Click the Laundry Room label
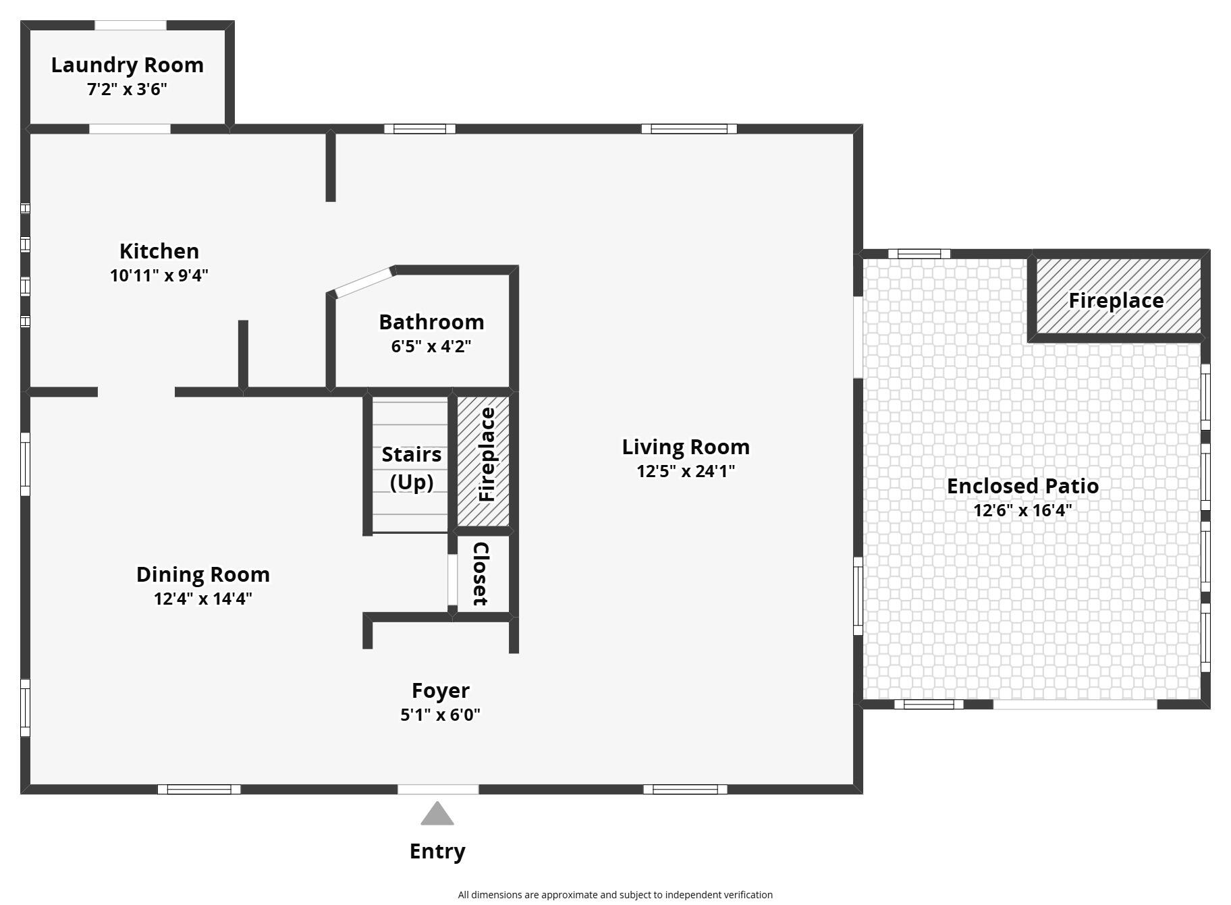(x=127, y=65)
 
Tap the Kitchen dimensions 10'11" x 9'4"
(x=159, y=275)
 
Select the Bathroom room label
(x=431, y=322)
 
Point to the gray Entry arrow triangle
(x=437, y=815)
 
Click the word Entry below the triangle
(x=437, y=851)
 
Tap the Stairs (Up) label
(x=411, y=468)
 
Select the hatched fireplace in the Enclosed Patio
(x=1117, y=297)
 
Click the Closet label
(x=481, y=574)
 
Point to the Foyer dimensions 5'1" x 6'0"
(x=440, y=715)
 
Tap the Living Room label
(x=685, y=447)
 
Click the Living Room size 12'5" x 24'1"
(x=685, y=471)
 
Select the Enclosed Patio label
(x=1022, y=486)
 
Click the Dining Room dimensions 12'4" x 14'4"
(x=202, y=599)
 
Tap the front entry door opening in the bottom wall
(x=438, y=789)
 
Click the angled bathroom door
(x=364, y=283)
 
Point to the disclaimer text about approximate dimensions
(x=615, y=895)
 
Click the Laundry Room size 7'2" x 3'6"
(x=127, y=89)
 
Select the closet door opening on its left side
(x=452, y=580)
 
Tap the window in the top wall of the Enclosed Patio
(x=919, y=254)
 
